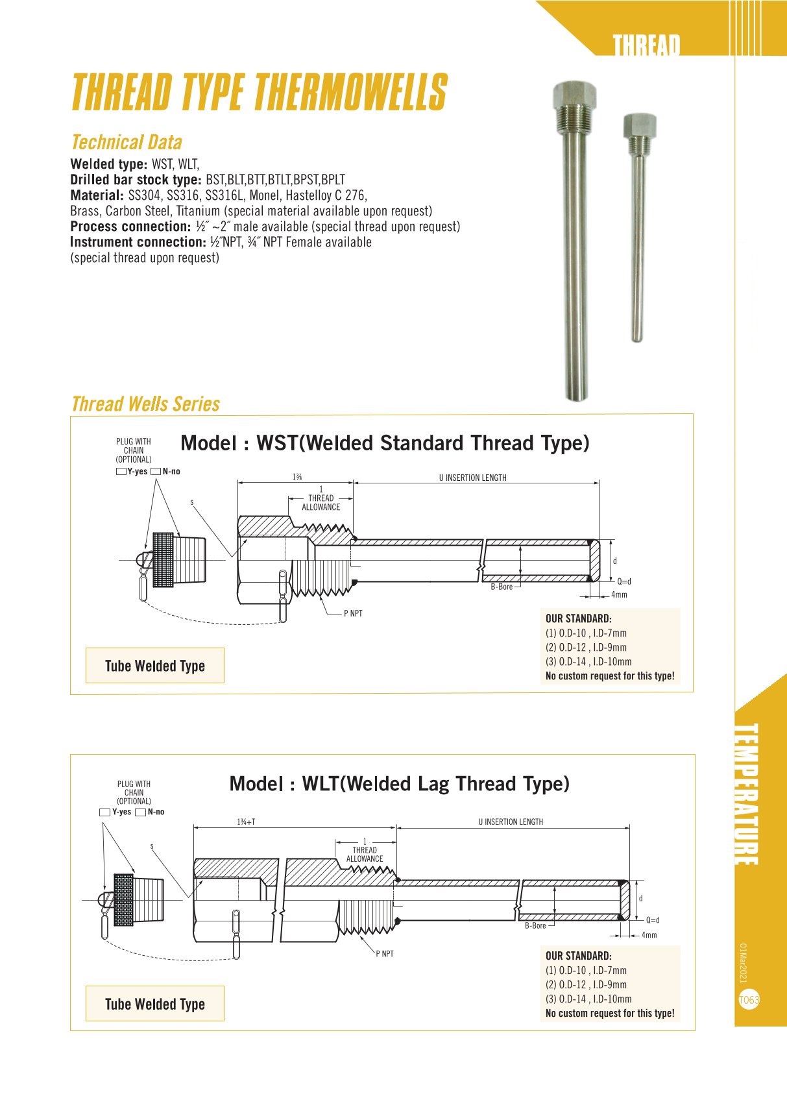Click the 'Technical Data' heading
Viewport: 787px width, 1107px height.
127,143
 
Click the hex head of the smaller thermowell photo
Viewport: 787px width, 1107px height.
640,126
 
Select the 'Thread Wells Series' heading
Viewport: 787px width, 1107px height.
145,404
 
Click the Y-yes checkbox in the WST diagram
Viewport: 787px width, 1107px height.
121,472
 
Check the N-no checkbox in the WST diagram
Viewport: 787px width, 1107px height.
156,472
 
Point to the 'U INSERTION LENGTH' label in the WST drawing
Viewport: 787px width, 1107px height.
472,478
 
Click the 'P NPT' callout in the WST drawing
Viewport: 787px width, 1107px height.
353,614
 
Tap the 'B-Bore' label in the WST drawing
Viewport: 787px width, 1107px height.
502,587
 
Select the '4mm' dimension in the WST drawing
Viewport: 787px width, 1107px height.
619,595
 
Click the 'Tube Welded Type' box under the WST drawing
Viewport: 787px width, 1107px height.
155,666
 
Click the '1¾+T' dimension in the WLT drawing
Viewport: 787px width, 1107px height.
246,822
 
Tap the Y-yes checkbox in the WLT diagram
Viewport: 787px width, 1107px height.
104,812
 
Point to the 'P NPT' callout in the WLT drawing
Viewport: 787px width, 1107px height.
384,954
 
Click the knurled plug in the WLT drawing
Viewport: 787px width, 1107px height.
124,900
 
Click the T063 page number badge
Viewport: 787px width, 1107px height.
749,1000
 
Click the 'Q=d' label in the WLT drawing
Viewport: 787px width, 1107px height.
652,920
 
